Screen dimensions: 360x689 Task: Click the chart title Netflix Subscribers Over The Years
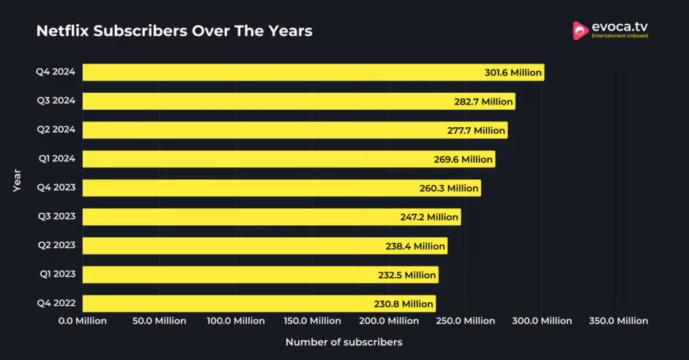click(174, 31)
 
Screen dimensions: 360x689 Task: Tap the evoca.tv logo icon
click(581, 30)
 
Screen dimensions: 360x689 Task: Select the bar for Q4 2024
click(293, 72)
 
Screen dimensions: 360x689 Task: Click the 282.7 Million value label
click(483, 102)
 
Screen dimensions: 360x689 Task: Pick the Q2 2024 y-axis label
click(56, 130)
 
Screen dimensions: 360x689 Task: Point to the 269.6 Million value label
click(463, 160)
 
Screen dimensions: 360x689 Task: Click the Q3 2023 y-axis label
click(56, 217)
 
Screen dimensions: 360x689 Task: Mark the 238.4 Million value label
click(415, 246)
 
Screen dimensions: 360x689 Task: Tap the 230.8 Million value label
click(403, 304)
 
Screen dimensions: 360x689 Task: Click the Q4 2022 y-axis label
click(56, 303)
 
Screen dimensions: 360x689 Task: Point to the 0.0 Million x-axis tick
click(83, 320)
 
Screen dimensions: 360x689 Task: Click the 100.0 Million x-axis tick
click(236, 320)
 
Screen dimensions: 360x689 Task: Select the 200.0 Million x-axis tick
click(389, 320)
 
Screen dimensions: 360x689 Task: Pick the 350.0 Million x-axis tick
click(618, 320)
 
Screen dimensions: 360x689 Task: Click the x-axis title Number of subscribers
click(343, 342)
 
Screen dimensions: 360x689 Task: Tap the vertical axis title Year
click(17, 181)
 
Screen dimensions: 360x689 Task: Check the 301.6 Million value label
click(513, 72)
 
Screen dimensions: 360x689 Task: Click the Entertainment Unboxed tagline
click(619, 36)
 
